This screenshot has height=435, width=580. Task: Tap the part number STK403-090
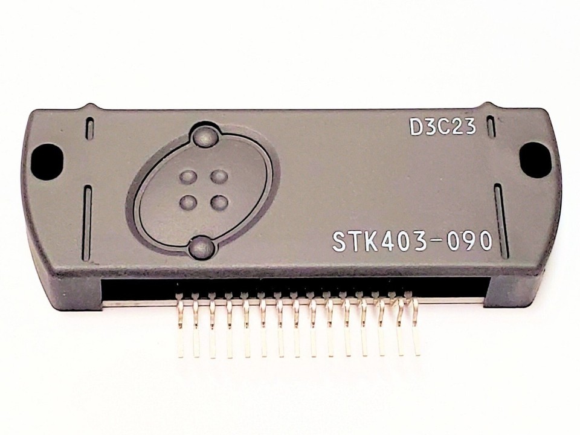413,242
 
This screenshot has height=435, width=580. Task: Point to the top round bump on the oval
205,137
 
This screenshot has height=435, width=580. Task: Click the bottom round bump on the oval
202,246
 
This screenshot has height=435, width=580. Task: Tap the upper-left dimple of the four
188,176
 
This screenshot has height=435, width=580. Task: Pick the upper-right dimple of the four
219,176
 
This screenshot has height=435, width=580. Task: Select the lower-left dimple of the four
188,202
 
